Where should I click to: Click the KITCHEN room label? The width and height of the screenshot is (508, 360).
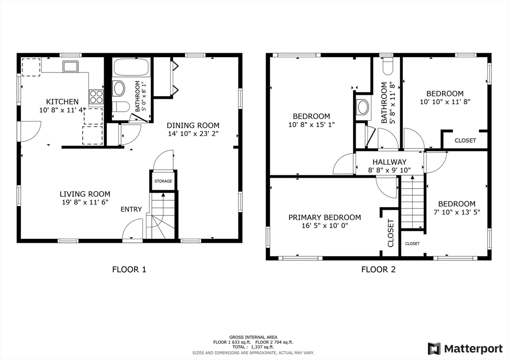point(62,102)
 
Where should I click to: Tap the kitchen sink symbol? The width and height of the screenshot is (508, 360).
point(69,66)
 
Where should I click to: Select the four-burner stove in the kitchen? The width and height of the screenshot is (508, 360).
point(96,96)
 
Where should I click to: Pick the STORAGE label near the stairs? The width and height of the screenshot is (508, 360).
point(163,181)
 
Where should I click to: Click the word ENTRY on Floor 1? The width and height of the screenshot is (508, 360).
point(131,209)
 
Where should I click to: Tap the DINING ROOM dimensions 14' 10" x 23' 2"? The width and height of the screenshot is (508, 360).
point(192,134)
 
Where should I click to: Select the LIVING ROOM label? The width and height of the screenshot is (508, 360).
point(85,194)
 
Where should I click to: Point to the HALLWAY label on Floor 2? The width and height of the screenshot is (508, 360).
point(389,162)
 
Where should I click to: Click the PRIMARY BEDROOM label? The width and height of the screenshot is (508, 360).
point(324,217)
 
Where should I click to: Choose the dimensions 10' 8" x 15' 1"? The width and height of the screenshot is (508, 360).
point(311,125)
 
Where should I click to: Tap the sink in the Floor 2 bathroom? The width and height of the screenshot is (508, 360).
point(363,106)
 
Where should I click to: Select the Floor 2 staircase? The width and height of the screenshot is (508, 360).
point(412,204)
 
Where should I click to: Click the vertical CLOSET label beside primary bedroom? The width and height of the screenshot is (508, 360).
point(390,233)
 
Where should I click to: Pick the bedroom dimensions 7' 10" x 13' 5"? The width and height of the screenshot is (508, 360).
point(456,212)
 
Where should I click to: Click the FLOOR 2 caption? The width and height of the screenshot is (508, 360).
point(378,270)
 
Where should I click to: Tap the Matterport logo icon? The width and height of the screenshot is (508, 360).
point(434,348)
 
